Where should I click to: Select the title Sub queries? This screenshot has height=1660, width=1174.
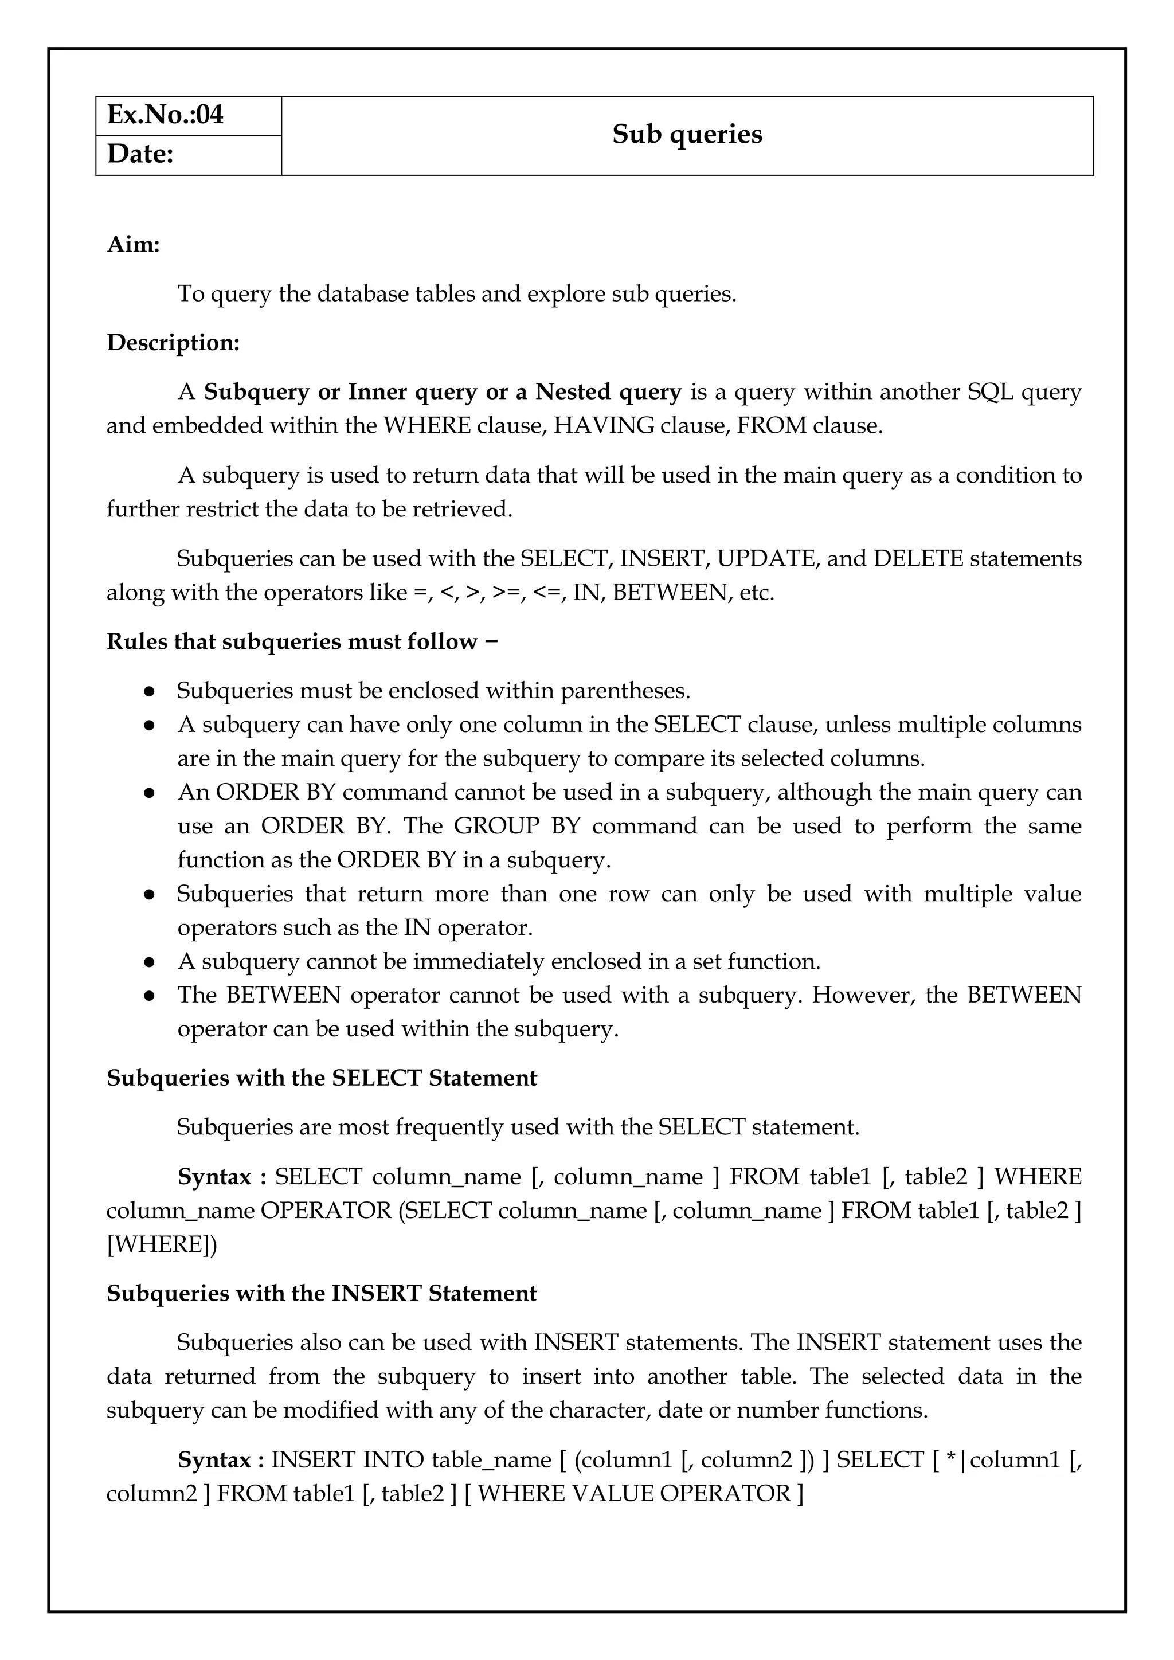[x=687, y=135]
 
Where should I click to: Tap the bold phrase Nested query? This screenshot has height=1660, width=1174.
[x=608, y=392]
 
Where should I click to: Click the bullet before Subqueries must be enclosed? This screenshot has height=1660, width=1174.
[x=150, y=691]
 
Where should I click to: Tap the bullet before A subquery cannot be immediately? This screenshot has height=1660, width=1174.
[x=150, y=962]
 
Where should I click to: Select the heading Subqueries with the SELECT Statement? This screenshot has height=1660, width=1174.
[x=322, y=1078]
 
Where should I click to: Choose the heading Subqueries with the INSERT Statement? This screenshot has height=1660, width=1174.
[x=322, y=1294]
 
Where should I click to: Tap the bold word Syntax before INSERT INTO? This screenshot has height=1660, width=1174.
[x=214, y=1460]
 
